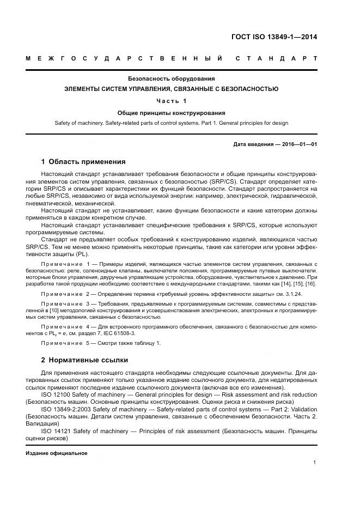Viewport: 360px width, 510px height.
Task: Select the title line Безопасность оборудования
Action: click(x=172, y=78)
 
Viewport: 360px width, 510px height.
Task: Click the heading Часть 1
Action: click(x=172, y=101)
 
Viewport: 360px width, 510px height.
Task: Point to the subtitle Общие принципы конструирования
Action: click(x=172, y=113)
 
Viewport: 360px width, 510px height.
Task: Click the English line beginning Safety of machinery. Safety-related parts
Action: click(x=172, y=123)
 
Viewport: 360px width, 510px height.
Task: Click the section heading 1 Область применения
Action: click(x=83, y=162)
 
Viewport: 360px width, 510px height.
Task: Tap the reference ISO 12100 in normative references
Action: click(x=57, y=394)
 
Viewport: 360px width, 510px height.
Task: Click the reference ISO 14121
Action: click(x=57, y=431)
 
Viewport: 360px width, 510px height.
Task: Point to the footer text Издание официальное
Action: click(x=57, y=453)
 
